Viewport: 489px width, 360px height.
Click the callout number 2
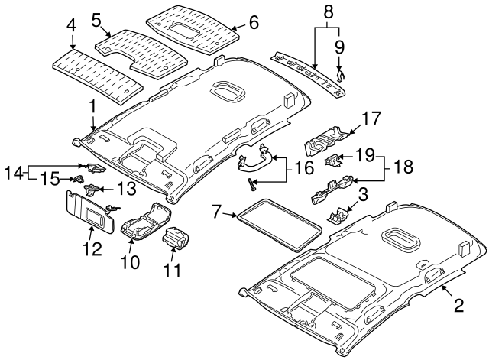(x=458, y=306)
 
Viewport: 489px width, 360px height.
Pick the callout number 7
(x=216, y=209)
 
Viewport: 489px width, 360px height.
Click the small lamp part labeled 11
(x=176, y=238)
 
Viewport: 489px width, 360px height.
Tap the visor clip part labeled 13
(x=92, y=187)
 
